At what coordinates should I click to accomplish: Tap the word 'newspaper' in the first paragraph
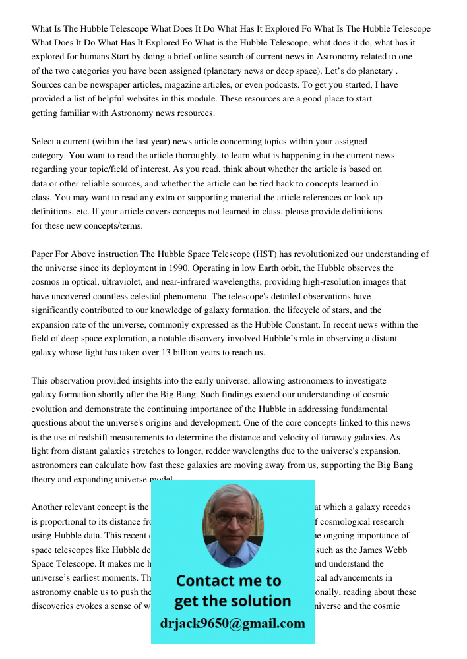tap(112, 85)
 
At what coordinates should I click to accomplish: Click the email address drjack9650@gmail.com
tap(232, 623)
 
